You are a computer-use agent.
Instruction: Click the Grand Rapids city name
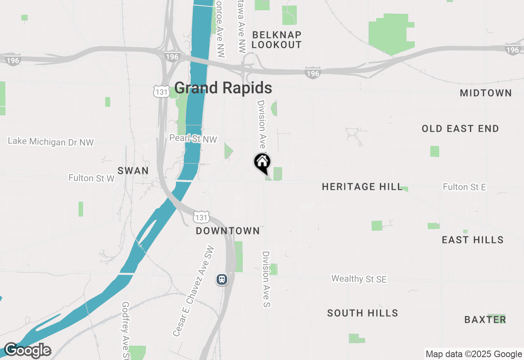coord(223,88)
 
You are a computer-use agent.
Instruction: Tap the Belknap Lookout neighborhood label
coord(276,40)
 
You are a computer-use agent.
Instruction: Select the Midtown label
coord(486,93)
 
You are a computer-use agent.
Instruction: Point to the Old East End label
coord(460,129)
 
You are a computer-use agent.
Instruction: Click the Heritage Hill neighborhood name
coord(362,187)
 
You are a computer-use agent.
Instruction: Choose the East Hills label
coord(472,240)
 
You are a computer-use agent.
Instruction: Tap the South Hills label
coord(362,313)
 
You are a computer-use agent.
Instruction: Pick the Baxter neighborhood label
coord(485,319)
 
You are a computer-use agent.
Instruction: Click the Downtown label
coord(228,231)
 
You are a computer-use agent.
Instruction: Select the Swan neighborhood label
coord(133,171)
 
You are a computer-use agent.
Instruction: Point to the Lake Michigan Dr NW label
coord(51,142)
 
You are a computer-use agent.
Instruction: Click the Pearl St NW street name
coord(193,139)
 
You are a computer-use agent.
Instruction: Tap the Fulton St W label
coord(91,178)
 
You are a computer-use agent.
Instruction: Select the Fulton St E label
coord(464,187)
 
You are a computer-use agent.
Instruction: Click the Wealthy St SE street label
coord(359,279)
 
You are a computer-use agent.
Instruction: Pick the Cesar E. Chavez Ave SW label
coord(193,291)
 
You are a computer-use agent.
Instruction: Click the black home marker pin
coord(262,162)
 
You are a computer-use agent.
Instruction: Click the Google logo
coord(28,351)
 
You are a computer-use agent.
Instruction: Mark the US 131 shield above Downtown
coord(202,216)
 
